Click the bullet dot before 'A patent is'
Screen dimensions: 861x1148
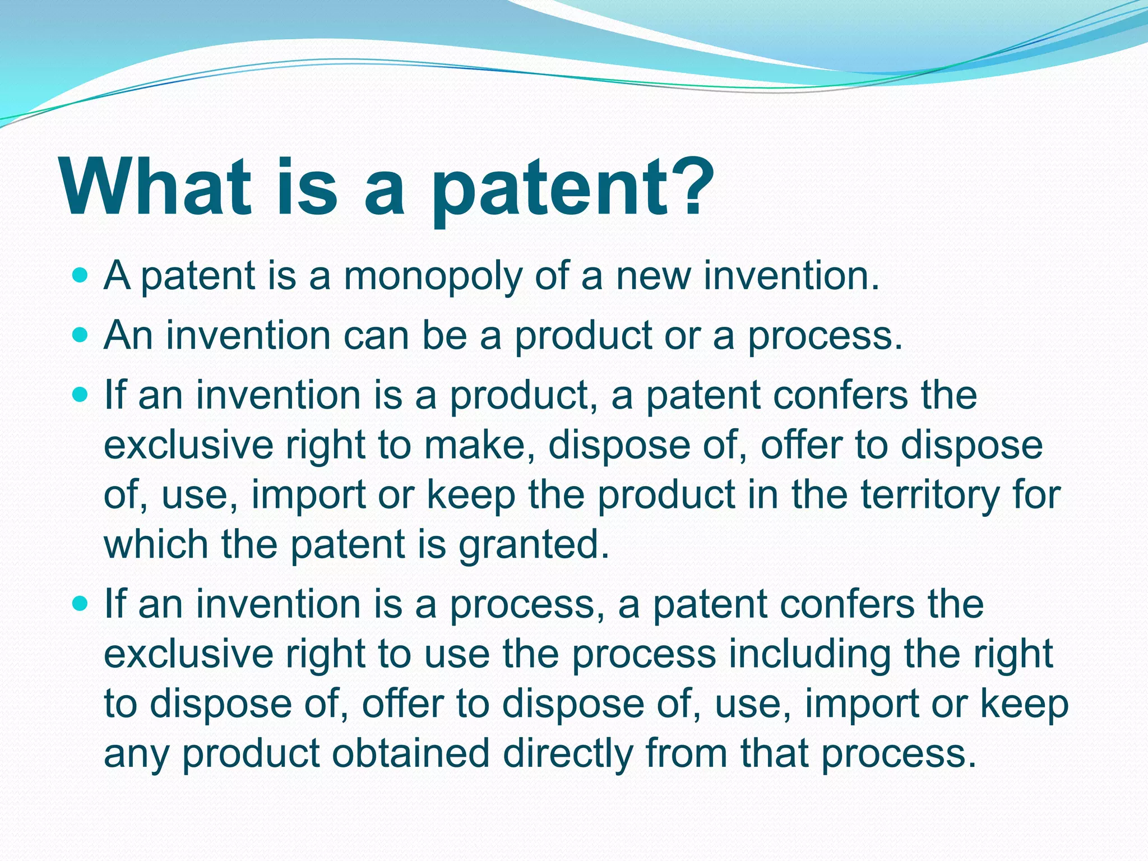81,275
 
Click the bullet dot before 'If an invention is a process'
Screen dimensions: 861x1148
81,604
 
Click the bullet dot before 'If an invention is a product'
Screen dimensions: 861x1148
81,395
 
